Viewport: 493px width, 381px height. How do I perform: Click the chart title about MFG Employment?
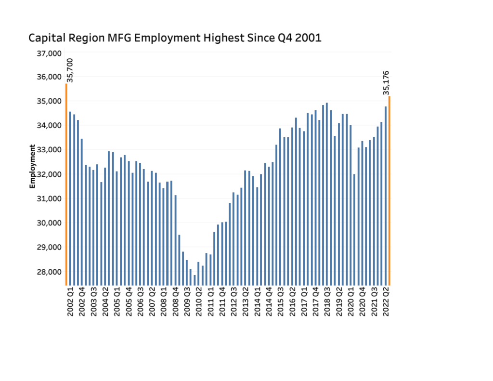click(x=174, y=38)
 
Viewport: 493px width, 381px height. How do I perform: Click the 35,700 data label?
click(x=70, y=70)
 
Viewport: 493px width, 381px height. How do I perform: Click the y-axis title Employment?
click(x=33, y=166)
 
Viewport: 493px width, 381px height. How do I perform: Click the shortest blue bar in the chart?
click(x=195, y=280)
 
